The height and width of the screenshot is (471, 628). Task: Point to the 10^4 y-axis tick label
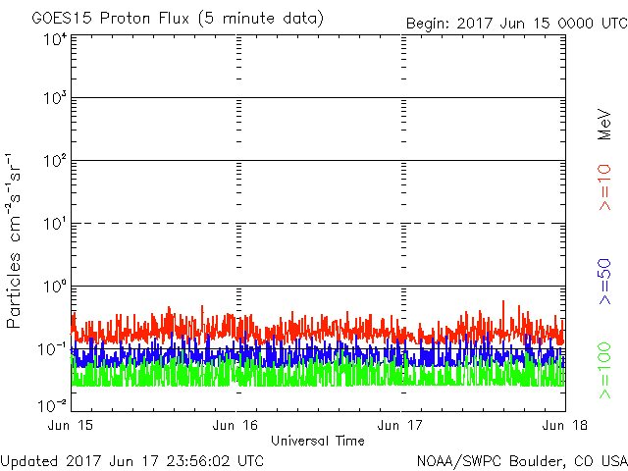click(55, 39)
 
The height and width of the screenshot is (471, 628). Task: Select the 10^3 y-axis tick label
click(55, 98)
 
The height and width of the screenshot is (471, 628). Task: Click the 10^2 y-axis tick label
click(55, 161)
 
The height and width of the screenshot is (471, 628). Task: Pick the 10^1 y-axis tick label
click(55, 224)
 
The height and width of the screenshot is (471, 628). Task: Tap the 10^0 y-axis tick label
click(55, 287)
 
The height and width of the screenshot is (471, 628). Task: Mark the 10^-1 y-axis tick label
click(53, 348)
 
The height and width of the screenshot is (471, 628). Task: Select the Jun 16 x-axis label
click(236, 425)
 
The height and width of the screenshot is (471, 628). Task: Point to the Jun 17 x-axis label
click(401, 425)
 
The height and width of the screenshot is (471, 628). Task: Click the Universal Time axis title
click(318, 441)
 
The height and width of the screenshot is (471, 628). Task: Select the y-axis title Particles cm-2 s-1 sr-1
click(17, 240)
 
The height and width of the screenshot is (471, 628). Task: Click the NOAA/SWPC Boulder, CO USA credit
click(521, 459)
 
